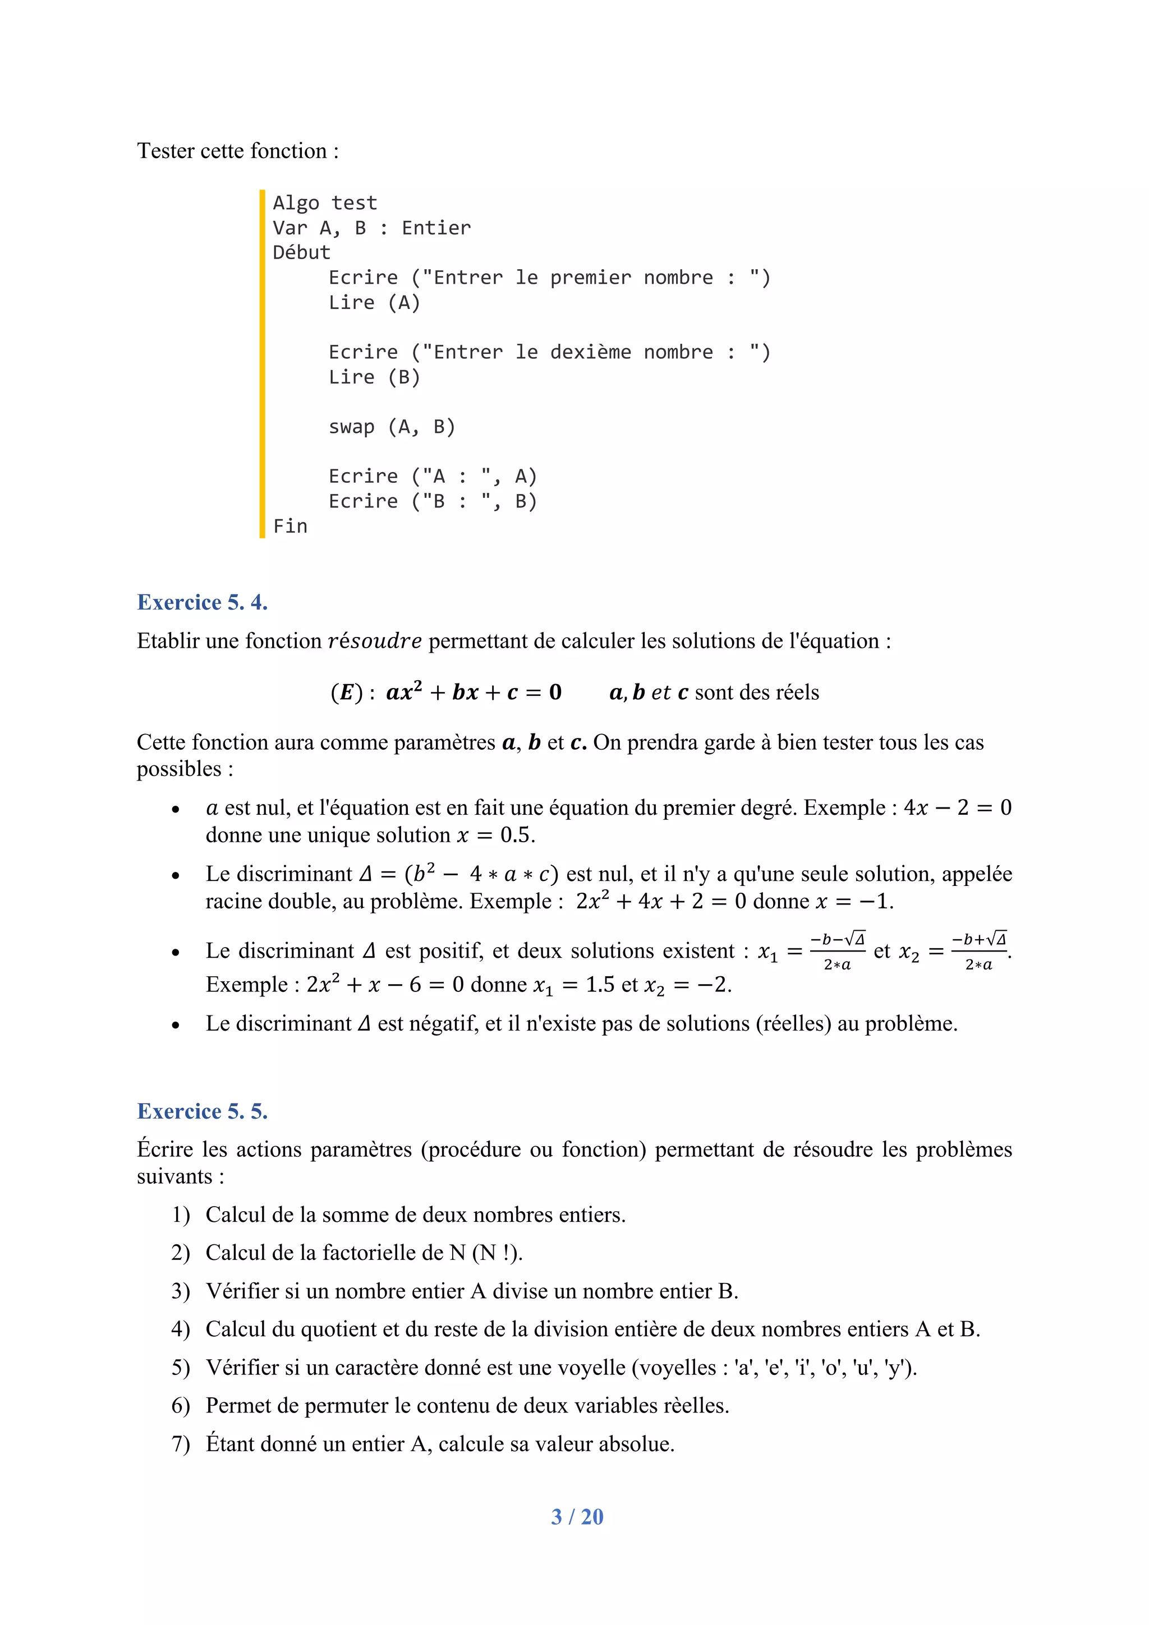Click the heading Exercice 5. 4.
point(202,602)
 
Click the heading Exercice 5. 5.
point(202,1111)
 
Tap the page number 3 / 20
point(577,1517)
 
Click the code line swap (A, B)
point(392,427)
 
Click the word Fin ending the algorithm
point(290,526)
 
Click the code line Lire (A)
point(374,302)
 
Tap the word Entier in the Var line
point(436,228)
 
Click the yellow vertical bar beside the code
point(262,364)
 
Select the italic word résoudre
point(375,641)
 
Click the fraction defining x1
point(837,951)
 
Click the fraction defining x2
point(978,951)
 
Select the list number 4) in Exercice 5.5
point(181,1329)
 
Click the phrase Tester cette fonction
point(237,151)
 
